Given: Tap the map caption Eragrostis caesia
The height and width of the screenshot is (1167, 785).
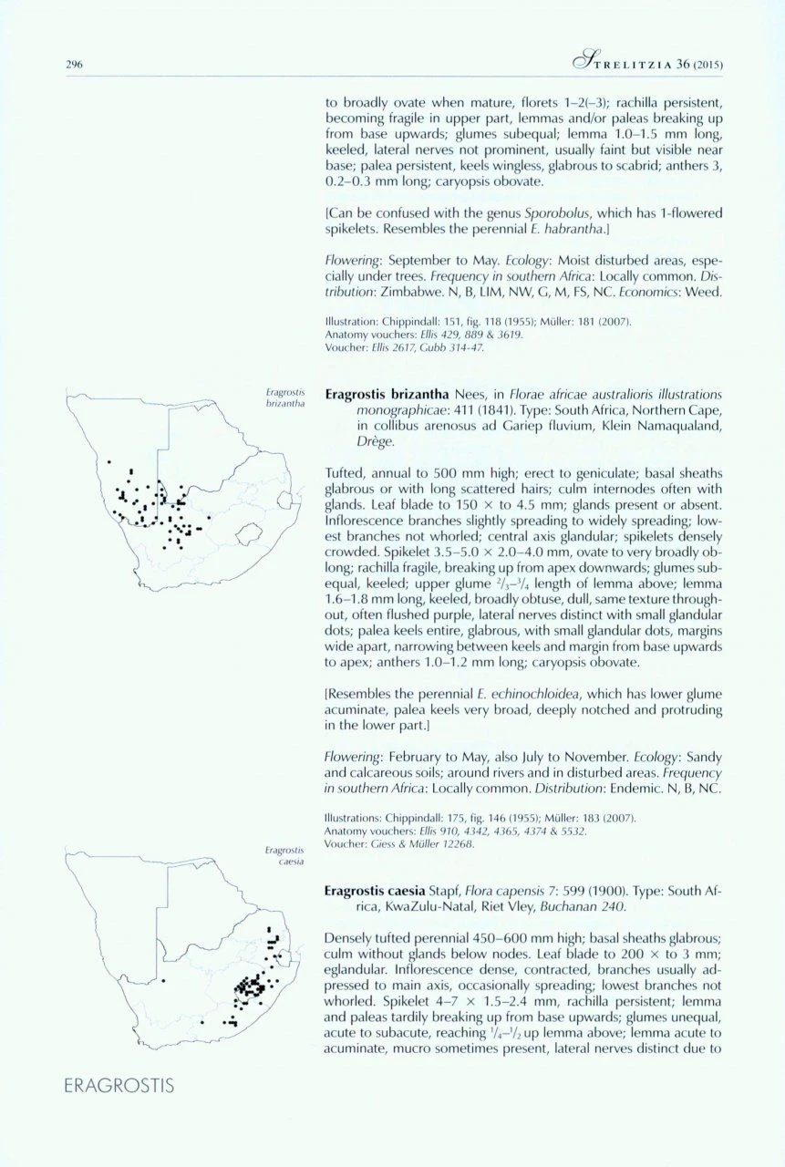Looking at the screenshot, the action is (284, 854).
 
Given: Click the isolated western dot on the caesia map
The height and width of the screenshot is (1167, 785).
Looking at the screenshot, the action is (163, 981).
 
